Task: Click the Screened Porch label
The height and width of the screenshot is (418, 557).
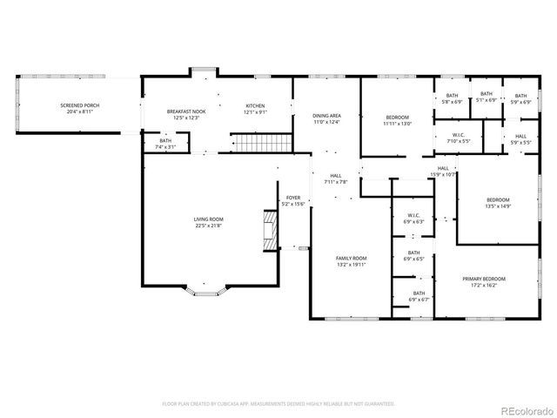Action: pos(80,109)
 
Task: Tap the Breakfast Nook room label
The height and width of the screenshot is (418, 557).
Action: pos(185,114)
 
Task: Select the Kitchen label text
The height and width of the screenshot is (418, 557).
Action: pos(255,109)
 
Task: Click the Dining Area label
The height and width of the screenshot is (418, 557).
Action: pos(326,119)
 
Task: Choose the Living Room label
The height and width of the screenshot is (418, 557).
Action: pos(208,222)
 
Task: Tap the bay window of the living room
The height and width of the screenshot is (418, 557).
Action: pos(207,290)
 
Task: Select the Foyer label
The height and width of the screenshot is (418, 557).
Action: pos(293,200)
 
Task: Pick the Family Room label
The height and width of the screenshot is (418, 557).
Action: pos(352,261)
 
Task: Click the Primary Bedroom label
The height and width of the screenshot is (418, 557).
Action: pos(483,281)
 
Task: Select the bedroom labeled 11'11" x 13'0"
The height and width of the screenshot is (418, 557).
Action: pos(397,119)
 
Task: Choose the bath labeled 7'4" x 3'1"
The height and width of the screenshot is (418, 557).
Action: pos(165,144)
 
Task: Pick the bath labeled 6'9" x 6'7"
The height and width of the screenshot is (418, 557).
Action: pos(419,296)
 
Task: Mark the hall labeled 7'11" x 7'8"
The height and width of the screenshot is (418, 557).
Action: pos(336,179)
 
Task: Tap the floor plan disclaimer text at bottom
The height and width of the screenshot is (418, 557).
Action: pos(278,404)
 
